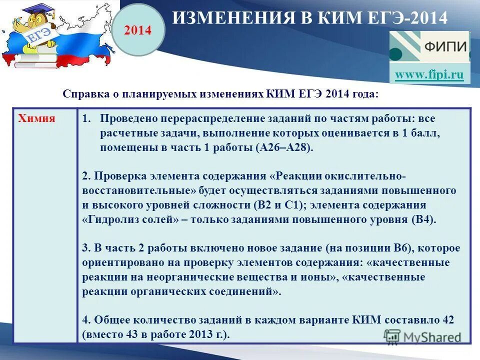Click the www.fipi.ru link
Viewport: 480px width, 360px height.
point(429,75)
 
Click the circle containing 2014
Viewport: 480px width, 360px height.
point(137,30)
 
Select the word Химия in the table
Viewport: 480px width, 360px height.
point(36,118)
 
